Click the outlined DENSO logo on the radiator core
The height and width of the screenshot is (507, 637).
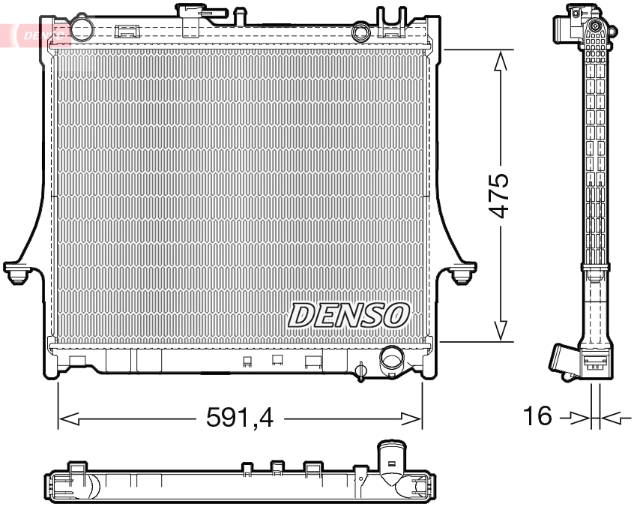click(x=349, y=315)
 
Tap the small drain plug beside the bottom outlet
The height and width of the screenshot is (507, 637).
click(x=361, y=370)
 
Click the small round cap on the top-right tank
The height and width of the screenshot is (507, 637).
click(x=361, y=31)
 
